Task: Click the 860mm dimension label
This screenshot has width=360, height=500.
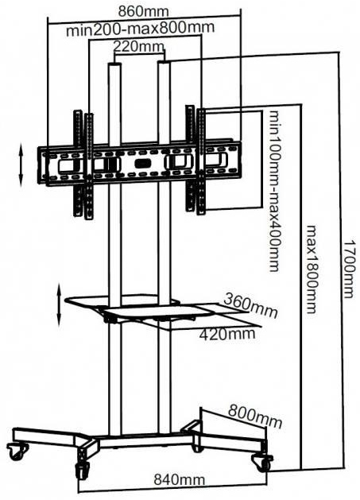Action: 143,11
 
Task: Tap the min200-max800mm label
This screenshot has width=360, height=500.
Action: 140,29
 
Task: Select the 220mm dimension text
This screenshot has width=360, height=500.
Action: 139,47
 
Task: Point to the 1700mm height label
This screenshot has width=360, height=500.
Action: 349,269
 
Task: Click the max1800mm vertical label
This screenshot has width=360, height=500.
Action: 311,269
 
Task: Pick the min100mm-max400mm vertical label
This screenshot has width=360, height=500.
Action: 274,191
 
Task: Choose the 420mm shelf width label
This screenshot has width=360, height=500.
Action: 227,335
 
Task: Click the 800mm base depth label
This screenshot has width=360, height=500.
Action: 255,416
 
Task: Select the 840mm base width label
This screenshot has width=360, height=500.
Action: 179,479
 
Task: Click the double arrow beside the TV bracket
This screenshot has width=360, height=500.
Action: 21,165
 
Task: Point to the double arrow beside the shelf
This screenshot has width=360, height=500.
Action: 59,304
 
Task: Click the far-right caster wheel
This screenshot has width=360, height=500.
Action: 262,463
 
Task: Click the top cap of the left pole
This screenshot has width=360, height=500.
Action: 114,64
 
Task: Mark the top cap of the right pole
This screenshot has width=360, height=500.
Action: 165,63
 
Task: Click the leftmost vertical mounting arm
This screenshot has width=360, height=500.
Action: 78,163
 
